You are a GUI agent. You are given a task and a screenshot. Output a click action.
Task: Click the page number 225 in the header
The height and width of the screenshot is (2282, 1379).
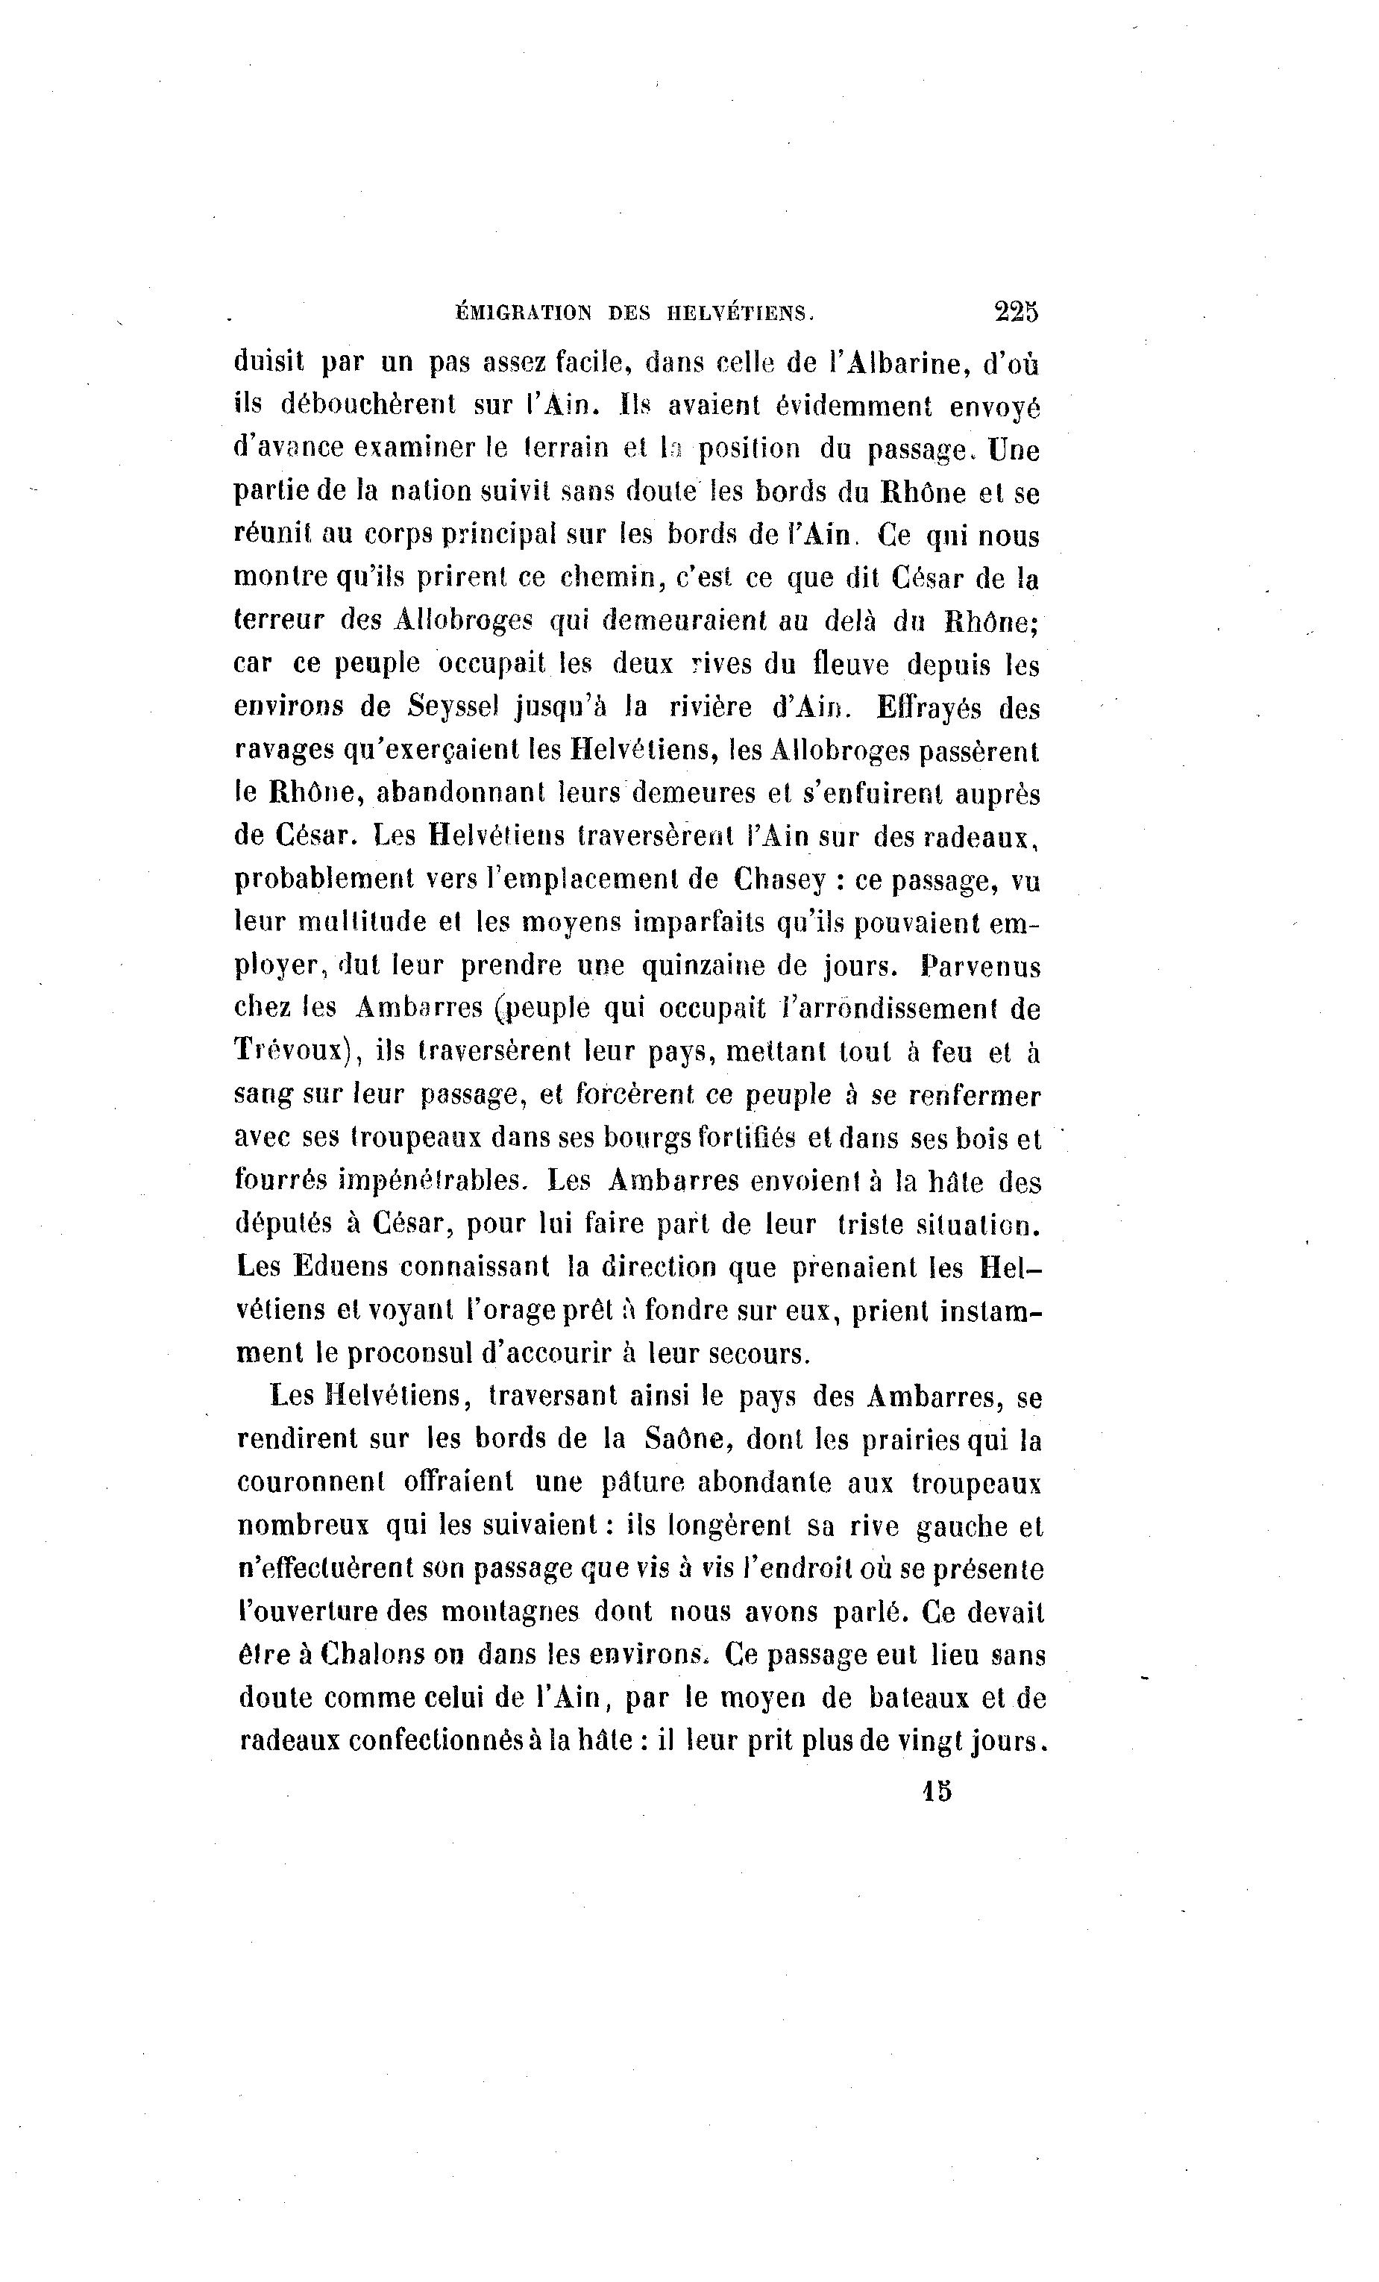(x=1016, y=311)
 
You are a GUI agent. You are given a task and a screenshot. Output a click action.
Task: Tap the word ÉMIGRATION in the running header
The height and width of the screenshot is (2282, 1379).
(x=522, y=313)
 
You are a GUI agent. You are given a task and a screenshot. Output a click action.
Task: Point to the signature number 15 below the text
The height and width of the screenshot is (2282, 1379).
(x=936, y=1790)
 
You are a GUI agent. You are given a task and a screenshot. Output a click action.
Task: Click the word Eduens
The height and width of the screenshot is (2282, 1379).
(x=342, y=1266)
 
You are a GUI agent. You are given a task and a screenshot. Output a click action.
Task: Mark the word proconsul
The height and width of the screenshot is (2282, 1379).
(x=409, y=1353)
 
